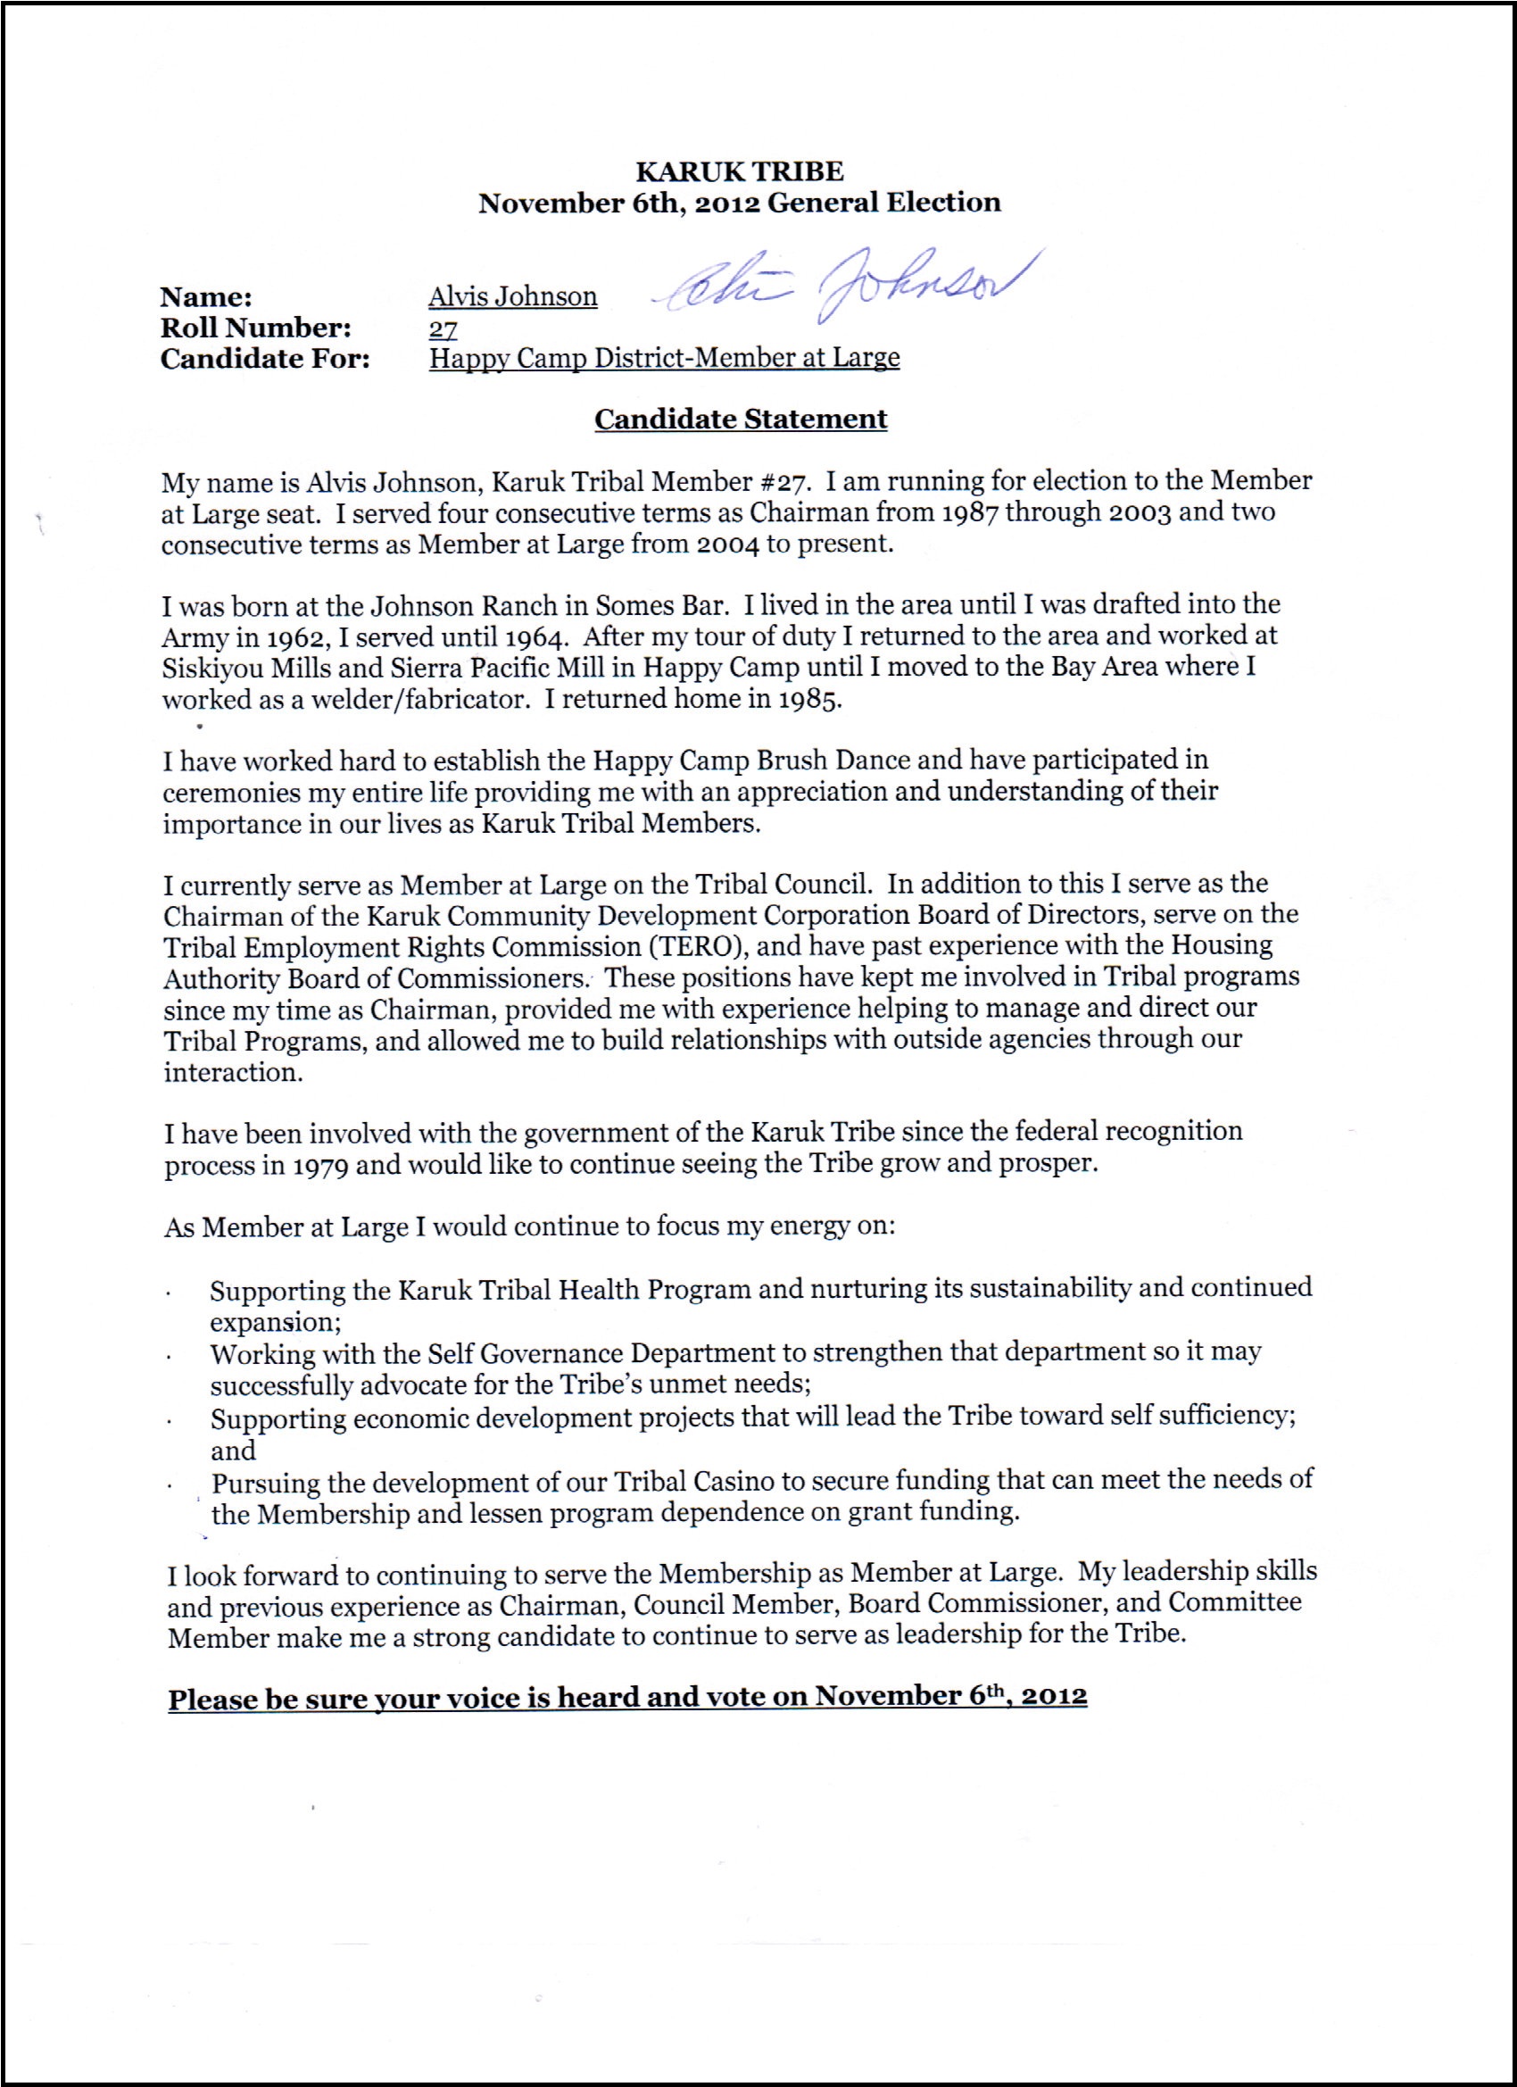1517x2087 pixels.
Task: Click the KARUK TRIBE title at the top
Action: (x=739, y=172)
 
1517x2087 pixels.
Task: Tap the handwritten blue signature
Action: (x=846, y=279)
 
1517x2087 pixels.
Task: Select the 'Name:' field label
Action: (x=206, y=297)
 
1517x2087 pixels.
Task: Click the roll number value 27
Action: (x=443, y=328)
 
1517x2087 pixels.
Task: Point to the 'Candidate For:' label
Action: (x=265, y=359)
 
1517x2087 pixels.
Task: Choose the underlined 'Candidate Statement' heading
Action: (x=741, y=420)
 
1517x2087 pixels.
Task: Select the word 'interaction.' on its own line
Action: (x=234, y=1073)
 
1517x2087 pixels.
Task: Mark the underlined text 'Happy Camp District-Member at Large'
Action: (x=664, y=359)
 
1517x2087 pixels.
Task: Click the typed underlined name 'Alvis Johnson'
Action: (x=512, y=297)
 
